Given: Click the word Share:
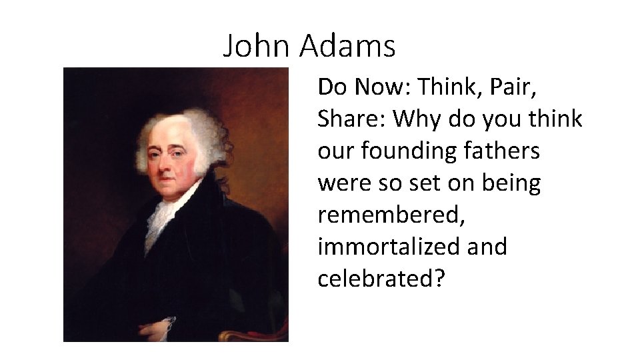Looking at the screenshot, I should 352,119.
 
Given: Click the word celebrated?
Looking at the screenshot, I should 381,279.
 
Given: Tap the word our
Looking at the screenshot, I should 335,151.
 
